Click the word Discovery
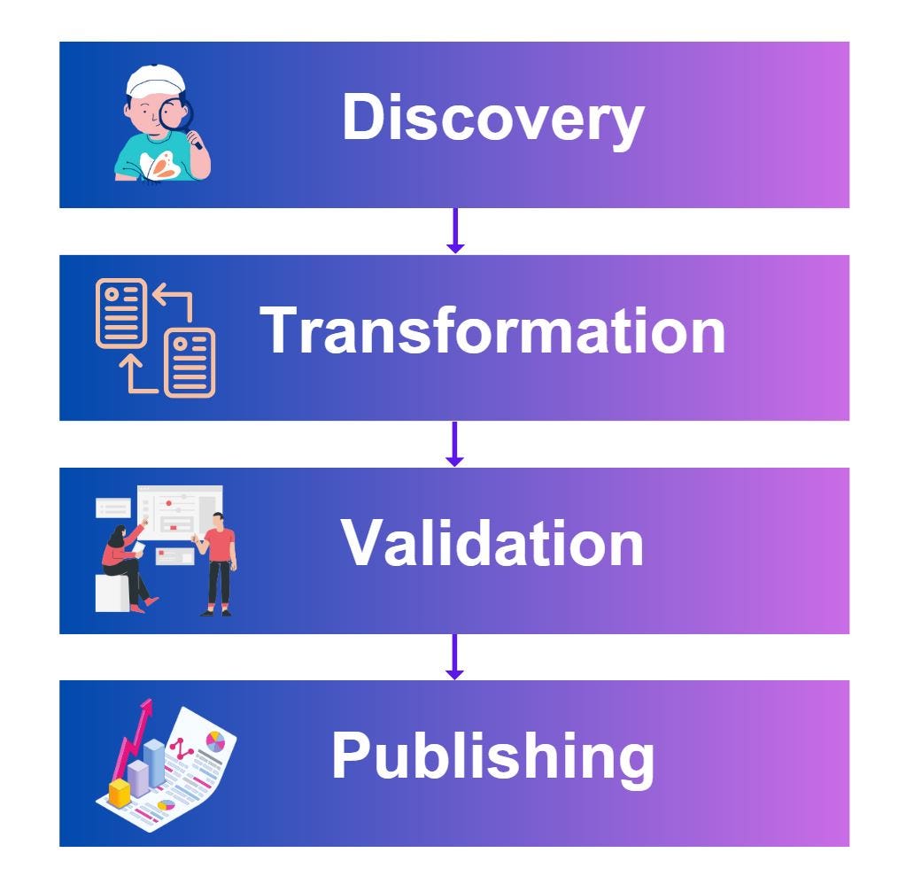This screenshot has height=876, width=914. point(492,120)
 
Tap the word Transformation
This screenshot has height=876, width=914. point(492,331)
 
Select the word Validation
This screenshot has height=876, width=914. point(492,543)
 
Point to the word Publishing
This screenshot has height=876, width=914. point(492,756)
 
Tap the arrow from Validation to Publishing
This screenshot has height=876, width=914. point(454,656)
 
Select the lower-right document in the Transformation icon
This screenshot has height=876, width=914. point(190,362)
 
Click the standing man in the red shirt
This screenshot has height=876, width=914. point(218,562)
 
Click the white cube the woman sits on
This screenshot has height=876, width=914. point(112,593)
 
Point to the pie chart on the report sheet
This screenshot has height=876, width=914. point(215,740)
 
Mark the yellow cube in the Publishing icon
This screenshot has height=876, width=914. point(119,792)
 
